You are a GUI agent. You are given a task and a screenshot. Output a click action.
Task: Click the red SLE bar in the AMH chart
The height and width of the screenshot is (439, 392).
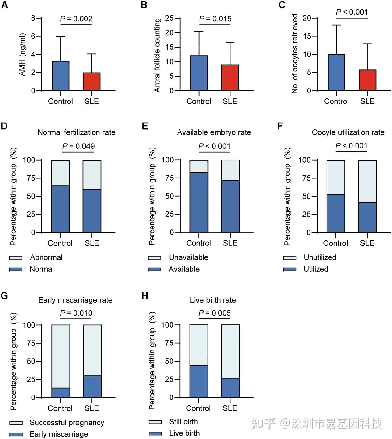tap(92, 82)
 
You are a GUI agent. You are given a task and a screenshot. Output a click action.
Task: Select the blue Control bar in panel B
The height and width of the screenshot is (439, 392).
tap(199, 73)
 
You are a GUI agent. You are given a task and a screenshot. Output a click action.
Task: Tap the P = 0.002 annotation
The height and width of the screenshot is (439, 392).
tap(76, 19)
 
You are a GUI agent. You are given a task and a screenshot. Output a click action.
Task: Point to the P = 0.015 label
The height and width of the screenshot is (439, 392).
tap(215, 19)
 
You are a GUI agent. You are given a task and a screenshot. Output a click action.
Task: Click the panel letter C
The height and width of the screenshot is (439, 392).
tap(282, 5)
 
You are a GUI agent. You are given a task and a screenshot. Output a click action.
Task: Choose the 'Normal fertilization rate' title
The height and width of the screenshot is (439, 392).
tap(76, 132)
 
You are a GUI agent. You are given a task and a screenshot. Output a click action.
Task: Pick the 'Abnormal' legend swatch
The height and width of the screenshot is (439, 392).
tap(16, 258)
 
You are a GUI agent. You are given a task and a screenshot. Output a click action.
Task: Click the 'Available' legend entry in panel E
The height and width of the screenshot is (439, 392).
tap(184, 269)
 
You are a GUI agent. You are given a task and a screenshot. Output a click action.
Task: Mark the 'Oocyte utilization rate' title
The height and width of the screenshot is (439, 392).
tap(348, 132)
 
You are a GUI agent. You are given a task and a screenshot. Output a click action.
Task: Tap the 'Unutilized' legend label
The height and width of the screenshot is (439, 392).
tap(320, 257)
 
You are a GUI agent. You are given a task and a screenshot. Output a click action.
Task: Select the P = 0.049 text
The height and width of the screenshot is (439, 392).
tap(78, 146)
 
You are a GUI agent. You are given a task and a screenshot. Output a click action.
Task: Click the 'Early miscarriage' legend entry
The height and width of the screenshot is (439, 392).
tap(59, 434)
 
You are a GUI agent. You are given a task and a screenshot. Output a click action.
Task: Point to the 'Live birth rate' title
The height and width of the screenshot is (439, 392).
tap(213, 300)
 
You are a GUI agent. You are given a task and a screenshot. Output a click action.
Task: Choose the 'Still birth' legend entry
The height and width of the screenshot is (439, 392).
tap(183, 422)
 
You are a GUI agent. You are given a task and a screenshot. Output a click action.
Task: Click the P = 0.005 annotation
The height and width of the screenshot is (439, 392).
tap(214, 313)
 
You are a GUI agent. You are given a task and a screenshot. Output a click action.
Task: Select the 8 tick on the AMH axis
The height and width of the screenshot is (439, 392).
tap(33, 18)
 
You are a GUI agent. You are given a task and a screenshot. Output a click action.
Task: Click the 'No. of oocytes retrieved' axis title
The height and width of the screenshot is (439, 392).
tap(295, 53)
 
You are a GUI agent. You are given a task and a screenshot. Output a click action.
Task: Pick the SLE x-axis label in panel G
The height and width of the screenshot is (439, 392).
tap(92, 408)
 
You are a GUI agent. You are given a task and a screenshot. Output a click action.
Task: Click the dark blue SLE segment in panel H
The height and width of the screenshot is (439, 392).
tap(230, 388)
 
